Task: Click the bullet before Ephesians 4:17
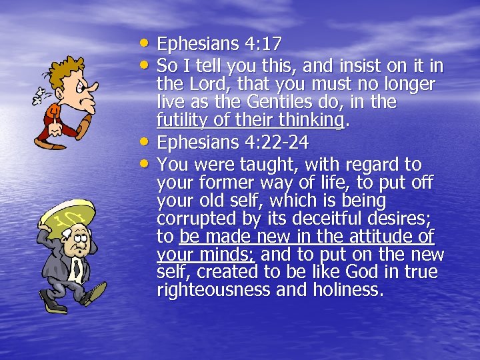[x=148, y=42]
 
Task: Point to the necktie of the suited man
[x=77, y=269]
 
